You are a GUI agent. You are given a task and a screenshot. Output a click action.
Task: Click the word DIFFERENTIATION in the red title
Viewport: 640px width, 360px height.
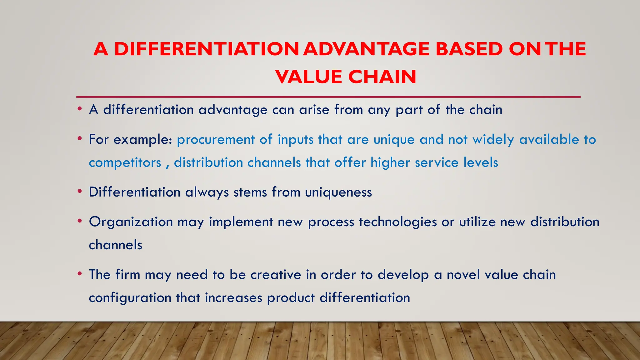(x=207, y=49)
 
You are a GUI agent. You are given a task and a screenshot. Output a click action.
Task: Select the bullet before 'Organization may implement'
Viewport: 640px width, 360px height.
(x=80, y=221)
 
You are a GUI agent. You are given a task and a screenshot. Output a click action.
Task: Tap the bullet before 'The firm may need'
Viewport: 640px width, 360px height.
(x=80, y=273)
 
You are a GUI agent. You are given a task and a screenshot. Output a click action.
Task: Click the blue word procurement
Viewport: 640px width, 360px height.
(x=216, y=140)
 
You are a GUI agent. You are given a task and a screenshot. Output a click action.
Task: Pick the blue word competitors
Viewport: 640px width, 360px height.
(x=125, y=163)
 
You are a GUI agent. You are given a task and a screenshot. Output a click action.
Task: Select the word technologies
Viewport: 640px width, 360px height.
(x=398, y=222)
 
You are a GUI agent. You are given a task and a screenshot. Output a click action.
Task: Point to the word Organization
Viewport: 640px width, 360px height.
(x=131, y=222)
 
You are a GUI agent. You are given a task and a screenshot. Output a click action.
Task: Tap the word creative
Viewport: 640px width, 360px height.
(x=276, y=275)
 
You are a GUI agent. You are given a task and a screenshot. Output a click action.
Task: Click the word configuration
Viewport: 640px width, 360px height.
(x=130, y=298)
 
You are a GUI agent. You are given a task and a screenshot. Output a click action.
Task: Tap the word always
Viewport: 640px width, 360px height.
(x=207, y=192)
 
